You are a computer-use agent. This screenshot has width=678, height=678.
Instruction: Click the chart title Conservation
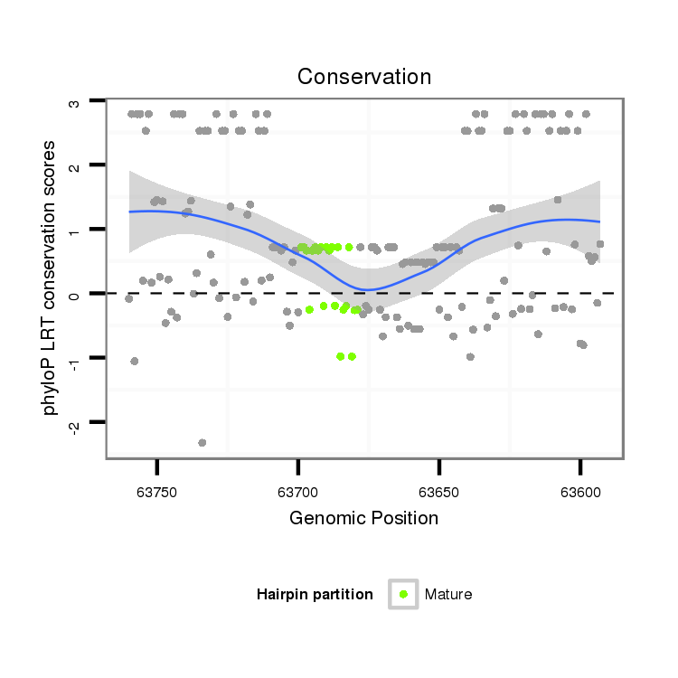[364, 77]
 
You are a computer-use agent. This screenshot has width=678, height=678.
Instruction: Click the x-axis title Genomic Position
[363, 518]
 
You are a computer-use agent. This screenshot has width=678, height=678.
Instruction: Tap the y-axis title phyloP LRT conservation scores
[50, 278]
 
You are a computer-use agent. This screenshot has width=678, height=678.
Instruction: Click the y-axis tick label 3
[75, 102]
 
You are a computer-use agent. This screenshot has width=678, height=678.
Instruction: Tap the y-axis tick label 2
[75, 166]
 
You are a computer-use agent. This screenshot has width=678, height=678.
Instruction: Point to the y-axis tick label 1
[75, 231]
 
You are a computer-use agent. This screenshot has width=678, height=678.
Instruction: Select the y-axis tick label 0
[75, 295]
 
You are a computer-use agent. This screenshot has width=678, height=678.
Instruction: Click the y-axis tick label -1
[75, 358]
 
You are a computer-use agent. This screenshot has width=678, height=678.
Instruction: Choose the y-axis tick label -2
[75, 423]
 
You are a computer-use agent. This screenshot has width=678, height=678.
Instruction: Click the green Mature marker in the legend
[403, 594]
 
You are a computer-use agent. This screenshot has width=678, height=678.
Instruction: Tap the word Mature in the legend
[448, 594]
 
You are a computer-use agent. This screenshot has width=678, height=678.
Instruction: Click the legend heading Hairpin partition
[315, 594]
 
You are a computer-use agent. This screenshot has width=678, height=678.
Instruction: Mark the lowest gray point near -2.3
[202, 443]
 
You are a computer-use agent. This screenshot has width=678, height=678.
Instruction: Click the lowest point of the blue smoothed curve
[367, 289]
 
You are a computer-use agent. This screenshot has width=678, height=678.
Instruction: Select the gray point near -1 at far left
[135, 361]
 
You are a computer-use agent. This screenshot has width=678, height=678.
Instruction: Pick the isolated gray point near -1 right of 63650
[470, 356]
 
